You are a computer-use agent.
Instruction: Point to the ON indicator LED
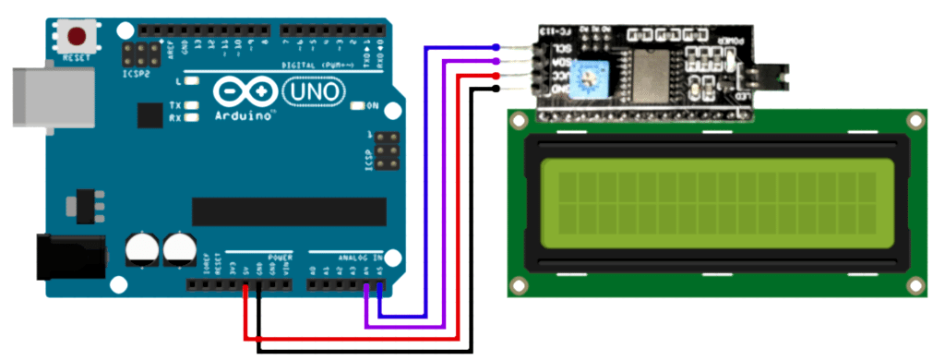click(357, 106)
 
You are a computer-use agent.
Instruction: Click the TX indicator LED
click(192, 106)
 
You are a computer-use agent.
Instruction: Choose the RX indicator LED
click(192, 117)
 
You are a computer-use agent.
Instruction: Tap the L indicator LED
click(192, 82)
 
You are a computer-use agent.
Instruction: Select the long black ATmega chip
click(288, 210)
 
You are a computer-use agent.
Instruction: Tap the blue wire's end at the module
click(496, 47)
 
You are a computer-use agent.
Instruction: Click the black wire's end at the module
click(496, 89)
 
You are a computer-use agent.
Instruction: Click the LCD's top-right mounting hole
click(915, 120)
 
